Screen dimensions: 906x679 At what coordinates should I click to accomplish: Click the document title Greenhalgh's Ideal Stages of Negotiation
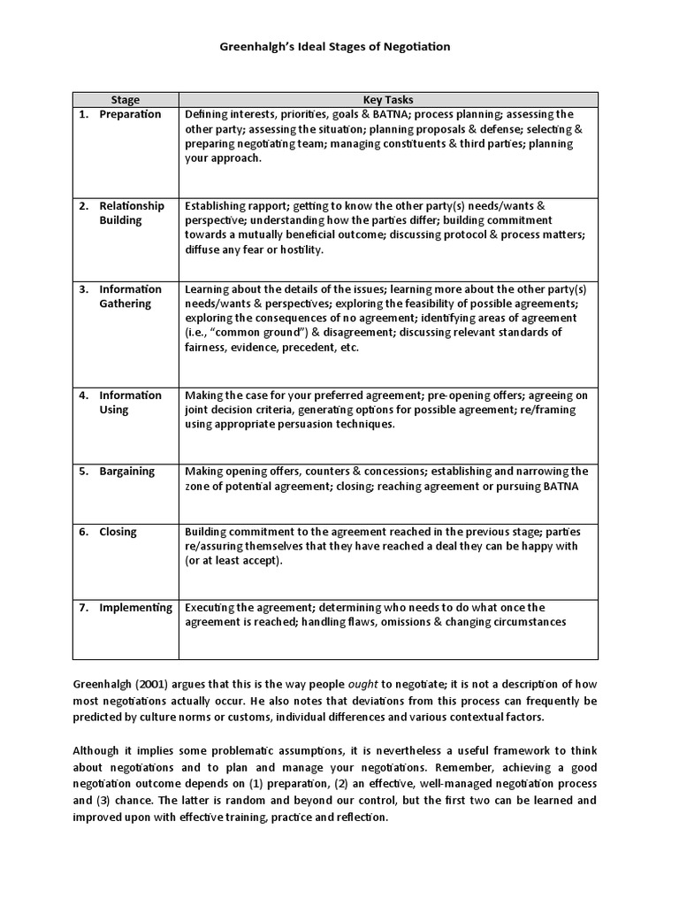coord(339,46)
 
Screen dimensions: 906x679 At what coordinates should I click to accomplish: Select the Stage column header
coord(125,100)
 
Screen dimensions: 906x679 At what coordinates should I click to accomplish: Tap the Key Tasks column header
coord(388,100)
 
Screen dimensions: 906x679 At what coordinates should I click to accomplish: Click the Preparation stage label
coord(130,114)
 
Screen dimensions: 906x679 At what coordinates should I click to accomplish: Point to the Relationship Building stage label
coord(131,212)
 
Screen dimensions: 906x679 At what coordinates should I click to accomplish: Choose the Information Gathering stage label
coord(130,296)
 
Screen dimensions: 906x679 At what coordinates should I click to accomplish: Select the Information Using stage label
coord(130,403)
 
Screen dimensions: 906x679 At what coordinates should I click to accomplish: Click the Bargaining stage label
coord(126,472)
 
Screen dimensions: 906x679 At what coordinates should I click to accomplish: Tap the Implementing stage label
coord(135,608)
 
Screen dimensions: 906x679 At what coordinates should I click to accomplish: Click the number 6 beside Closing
coord(82,532)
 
